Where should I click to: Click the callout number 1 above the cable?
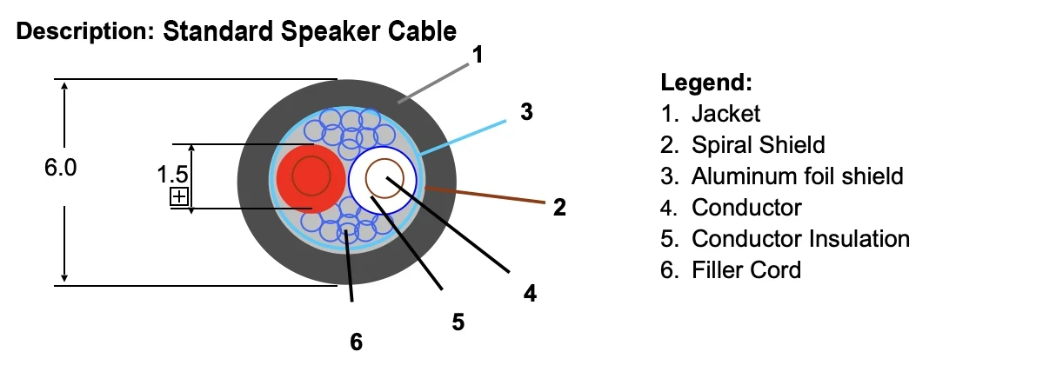click(x=476, y=56)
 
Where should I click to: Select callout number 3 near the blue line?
click(x=525, y=112)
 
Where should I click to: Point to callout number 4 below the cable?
click(x=529, y=294)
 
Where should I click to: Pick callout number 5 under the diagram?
click(x=458, y=322)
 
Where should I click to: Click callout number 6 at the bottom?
click(x=356, y=342)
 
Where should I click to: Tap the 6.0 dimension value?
click(x=61, y=169)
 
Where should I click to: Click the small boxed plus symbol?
click(x=179, y=196)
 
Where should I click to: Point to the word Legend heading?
click(x=705, y=83)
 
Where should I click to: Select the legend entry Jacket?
click(x=725, y=113)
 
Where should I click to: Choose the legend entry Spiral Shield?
click(x=758, y=144)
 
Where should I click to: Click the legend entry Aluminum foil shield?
click(x=797, y=176)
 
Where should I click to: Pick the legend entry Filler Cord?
click(x=745, y=269)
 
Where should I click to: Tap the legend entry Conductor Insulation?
click(x=800, y=238)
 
